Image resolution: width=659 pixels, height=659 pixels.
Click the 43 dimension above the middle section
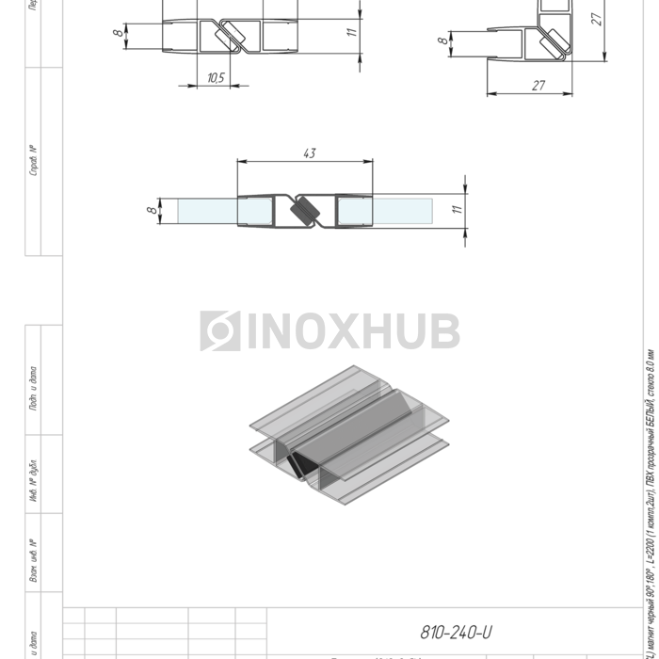coord(310,153)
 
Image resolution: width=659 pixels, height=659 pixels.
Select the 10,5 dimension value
coord(216,78)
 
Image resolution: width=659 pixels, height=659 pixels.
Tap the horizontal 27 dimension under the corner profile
coord(538,86)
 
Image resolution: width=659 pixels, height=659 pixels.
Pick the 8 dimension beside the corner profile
coord(442,41)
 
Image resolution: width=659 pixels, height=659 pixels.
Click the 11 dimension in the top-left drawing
coord(350,32)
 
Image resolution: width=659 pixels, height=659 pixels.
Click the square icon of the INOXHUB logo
coord(219,331)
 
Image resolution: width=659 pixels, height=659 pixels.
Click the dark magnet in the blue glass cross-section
coord(305,212)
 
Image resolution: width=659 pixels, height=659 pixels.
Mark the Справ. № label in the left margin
coord(34,161)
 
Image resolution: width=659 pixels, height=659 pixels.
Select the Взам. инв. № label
coord(34,561)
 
